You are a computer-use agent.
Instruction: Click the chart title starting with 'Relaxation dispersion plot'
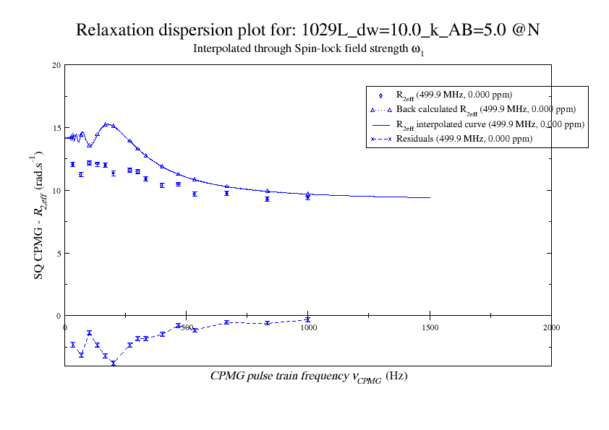[310, 30]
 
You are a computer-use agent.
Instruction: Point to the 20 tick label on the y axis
[56, 65]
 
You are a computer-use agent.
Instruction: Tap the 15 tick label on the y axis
[56, 128]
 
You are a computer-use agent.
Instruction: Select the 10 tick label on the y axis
[56, 190]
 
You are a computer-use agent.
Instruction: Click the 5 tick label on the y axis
[58, 253]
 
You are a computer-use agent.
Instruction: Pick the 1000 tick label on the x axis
[308, 327]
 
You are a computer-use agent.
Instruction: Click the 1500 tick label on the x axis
[430, 327]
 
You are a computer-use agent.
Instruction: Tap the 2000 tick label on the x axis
[551, 327]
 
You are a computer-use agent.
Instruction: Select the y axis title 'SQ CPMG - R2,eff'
[39, 216]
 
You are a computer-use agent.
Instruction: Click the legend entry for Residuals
[464, 139]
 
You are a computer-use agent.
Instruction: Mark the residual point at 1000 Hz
[308, 319]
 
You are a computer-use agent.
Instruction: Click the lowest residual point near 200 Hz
[114, 364]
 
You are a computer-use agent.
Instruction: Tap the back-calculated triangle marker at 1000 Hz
[308, 194]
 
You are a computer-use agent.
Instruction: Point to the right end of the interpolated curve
[430, 197]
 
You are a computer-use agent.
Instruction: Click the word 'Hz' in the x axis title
[397, 377]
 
